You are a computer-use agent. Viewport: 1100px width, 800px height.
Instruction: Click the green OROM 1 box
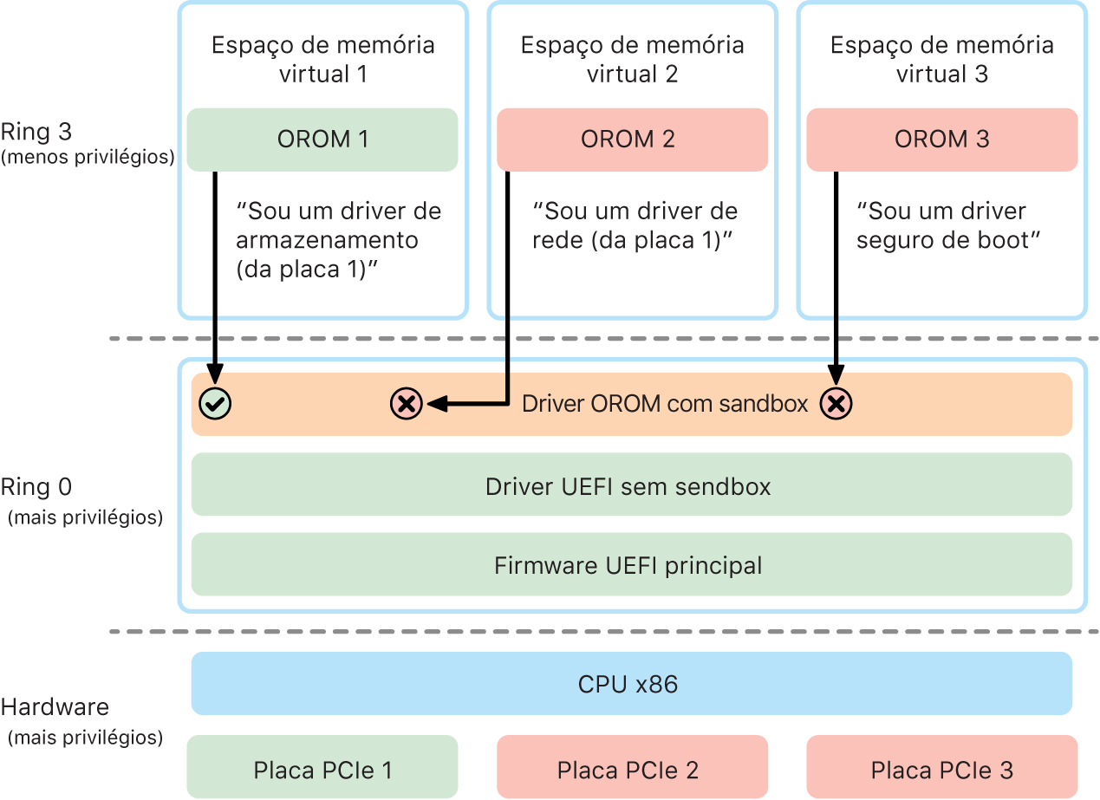pyautogui.click(x=322, y=139)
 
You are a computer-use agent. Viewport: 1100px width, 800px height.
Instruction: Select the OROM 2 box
pyautogui.click(x=631, y=139)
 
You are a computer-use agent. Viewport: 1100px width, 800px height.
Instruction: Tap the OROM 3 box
pyautogui.click(x=941, y=139)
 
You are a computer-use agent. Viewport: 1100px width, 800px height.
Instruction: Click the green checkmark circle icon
pyautogui.click(x=214, y=403)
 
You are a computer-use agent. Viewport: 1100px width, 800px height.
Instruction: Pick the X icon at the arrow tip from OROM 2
pyautogui.click(x=406, y=403)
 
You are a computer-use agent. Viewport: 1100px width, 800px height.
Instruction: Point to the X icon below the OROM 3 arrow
pyautogui.click(x=836, y=403)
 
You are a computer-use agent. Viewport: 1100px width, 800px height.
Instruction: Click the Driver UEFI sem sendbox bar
pyautogui.click(x=631, y=486)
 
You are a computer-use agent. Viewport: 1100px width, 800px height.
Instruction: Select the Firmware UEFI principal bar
pyautogui.click(x=631, y=565)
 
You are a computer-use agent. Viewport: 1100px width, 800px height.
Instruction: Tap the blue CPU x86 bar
pyautogui.click(x=631, y=684)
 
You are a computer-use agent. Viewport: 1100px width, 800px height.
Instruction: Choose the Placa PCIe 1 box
pyautogui.click(x=322, y=768)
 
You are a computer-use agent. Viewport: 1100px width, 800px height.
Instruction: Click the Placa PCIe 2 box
pyautogui.click(x=631, y=768)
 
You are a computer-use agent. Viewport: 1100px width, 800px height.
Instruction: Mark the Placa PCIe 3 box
pyautogui.click(x=941, y=768)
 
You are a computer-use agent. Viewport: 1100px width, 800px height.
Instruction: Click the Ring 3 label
pyautogui.click(x=36, y=133)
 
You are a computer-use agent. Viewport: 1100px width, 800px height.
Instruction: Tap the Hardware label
pyautogui.click(x=55, y=706)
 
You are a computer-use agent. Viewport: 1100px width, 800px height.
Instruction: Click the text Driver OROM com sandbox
pyautogui.click(x=665, y=403)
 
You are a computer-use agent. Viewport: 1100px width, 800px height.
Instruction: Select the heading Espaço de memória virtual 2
pyautogui.click(x=632, y=59)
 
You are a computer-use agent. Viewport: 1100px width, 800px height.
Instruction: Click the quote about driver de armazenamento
pyautogui.click(x=338, y=240)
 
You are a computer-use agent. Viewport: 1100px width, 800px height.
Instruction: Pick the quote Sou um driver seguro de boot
pyautogui.click(x=947, y=225)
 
